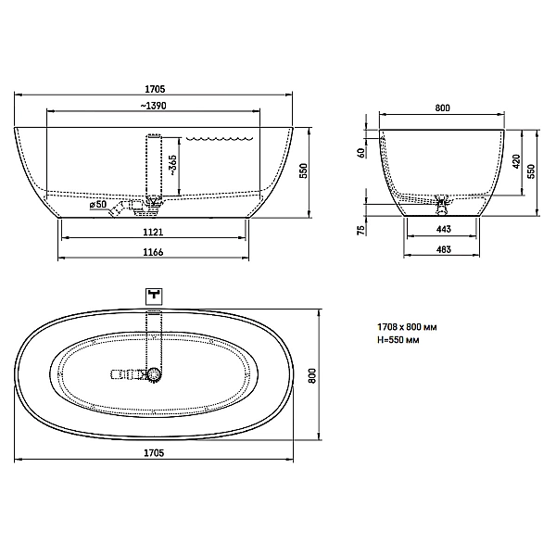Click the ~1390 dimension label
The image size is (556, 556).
click(153, 106)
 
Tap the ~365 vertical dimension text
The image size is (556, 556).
click(172, 166)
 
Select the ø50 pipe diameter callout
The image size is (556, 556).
click(98, 205)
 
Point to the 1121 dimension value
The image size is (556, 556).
click(153, 233)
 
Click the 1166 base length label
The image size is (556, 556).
click(153, 252)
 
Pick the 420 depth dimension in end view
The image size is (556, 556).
click(516, 161)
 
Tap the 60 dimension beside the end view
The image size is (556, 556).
click(361, 153)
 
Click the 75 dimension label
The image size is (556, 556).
click(361, 230)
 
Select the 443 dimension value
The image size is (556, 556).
click(444, 230)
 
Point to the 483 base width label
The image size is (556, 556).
click(444, 249)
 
